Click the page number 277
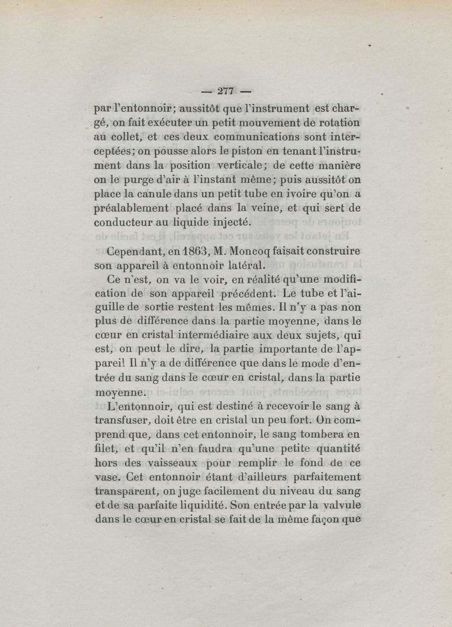click(225, 92)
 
